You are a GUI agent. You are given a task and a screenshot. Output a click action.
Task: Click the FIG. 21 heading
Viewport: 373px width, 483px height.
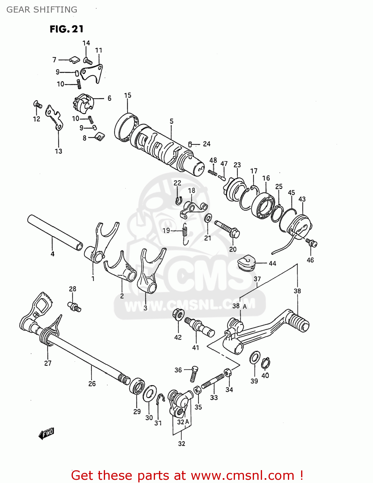(66, 29)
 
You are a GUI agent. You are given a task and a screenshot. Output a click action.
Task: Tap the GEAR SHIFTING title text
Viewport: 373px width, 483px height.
(42, 10)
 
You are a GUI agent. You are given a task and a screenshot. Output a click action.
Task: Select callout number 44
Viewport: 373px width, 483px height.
(272, 263)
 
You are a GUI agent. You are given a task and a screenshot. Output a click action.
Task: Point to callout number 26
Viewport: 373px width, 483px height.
(92, 384)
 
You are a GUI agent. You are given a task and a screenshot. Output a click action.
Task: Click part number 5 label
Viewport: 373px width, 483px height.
(172, 121)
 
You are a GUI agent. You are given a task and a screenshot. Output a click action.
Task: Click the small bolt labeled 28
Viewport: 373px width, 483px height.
(74, 306)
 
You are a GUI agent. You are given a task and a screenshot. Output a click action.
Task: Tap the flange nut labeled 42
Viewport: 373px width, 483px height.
(178, 313)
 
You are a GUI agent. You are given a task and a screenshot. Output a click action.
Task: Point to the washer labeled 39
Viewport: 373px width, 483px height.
(255, 358)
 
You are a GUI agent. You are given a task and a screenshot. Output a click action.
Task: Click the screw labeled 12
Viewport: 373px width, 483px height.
(37, 104)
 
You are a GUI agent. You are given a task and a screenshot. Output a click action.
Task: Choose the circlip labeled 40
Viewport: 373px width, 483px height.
(266, 363)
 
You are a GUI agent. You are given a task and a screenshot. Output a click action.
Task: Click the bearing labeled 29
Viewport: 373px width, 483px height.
(137, 386)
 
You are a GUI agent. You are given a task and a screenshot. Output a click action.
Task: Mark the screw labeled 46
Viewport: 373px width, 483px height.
(311, 243)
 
